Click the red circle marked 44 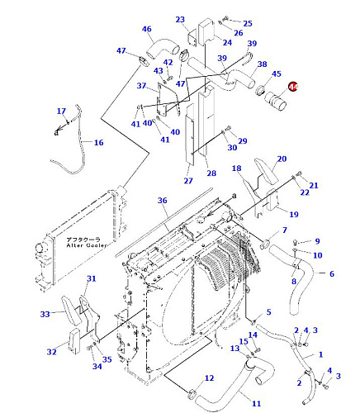293,87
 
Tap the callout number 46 147,29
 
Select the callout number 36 163,201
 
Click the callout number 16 99,143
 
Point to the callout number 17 61,112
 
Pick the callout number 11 256,404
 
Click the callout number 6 332,273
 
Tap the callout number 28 211,173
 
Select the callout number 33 45,314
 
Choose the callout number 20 282,159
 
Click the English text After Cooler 87,245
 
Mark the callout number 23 180,20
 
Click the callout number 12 209,378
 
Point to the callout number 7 285,230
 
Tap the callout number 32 52,352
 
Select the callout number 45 277,74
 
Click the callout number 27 188,181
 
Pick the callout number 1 320,354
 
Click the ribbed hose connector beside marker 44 275,102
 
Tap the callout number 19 294,214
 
